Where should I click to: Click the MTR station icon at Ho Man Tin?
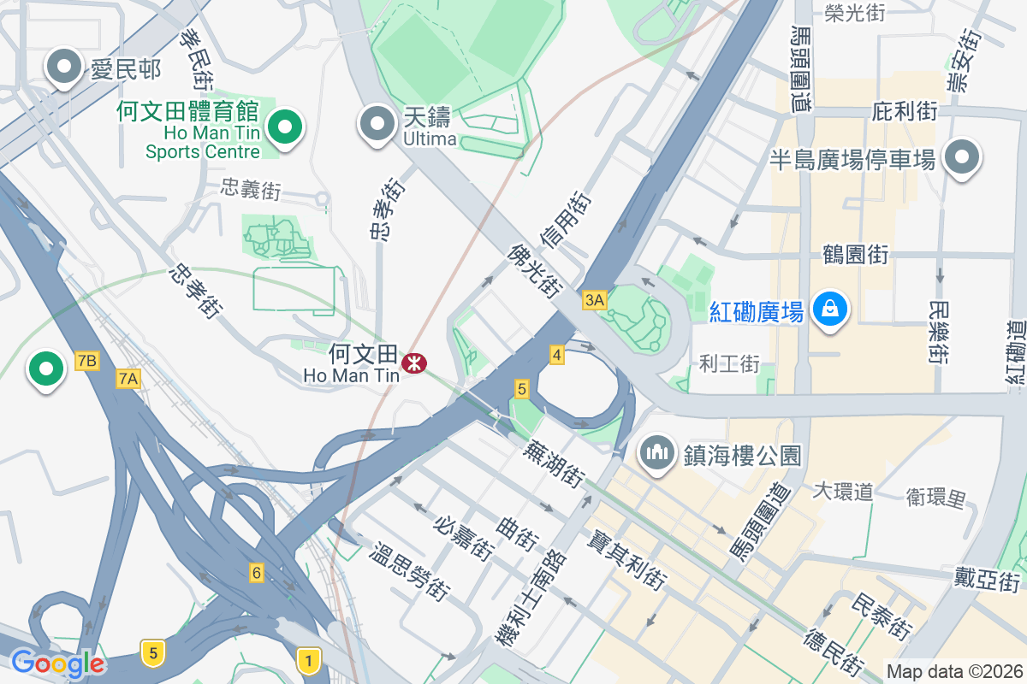point(415,363)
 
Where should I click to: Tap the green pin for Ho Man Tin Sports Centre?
point(284,128)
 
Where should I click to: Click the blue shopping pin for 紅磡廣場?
point(829,310)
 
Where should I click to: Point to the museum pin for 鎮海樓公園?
point(657,453)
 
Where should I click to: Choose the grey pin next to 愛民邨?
point(63,68)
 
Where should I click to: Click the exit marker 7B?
point(86,361)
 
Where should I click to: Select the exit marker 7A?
point(128,378)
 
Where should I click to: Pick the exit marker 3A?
point(594,299)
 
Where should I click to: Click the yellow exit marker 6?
point(256,572)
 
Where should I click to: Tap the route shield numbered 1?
point(308,658)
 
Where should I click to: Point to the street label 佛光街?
point(534,271)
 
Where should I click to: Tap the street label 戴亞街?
point(988,581)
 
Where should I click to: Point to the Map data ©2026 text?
point(953,671)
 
